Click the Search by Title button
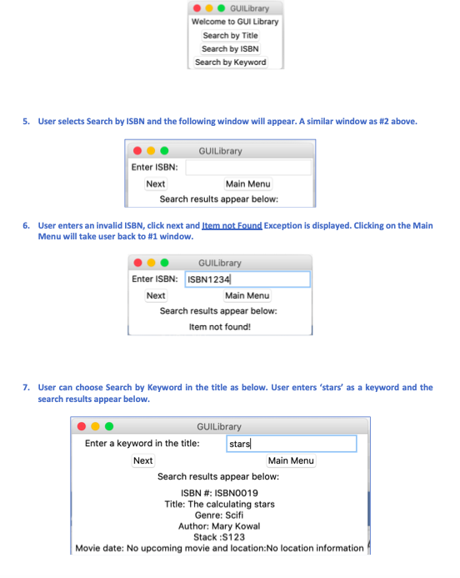(230, 35)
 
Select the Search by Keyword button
(231, 63)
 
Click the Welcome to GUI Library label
(235, 22)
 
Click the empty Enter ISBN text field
(248, 168)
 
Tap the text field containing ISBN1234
(247, 279)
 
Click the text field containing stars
(292, 444)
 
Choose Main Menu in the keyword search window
(291, 460)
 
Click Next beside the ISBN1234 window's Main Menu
(156, 295)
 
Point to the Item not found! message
(220, 327)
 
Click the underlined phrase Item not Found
(232, 225)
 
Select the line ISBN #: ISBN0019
(219, 493)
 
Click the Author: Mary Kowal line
(219, 526)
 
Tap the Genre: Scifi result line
(219, 515)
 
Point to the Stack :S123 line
(219, 537)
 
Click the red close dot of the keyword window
(82, 426)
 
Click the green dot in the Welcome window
(221, 8)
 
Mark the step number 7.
(26, 388)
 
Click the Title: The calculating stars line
(219, 505)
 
